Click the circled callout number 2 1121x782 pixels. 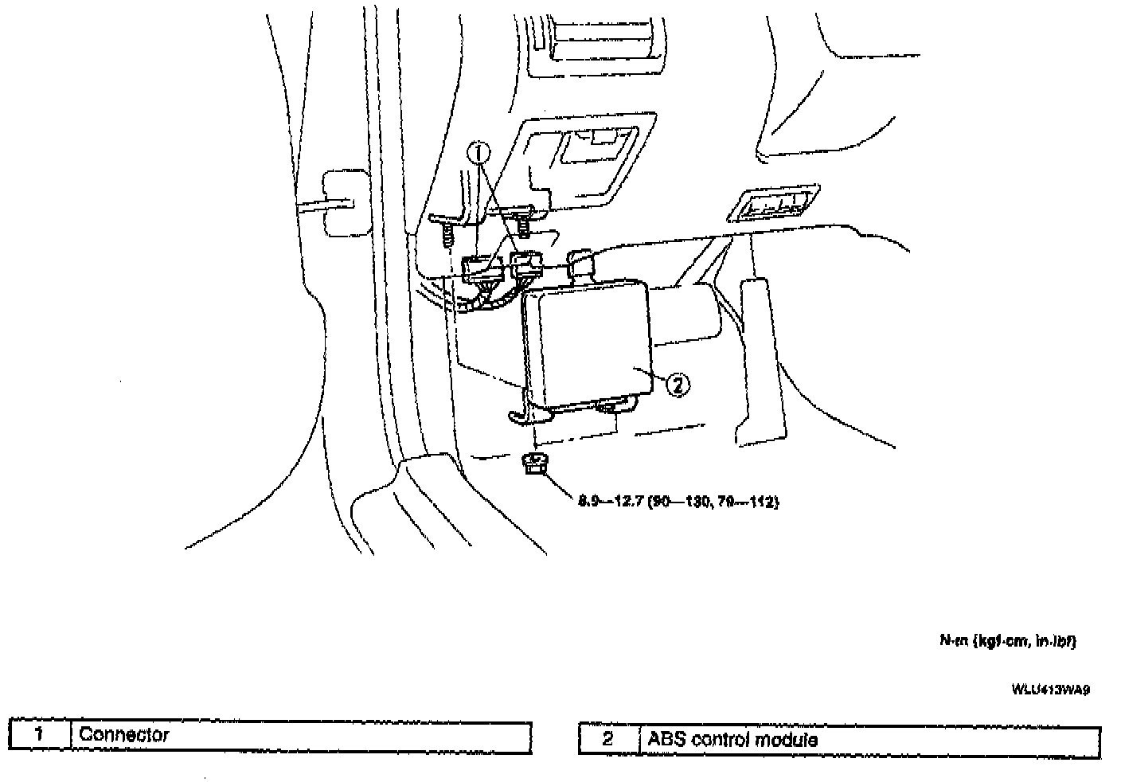(x=676, y=385)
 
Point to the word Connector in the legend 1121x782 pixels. (x=124, y=734)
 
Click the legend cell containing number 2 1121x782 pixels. (x=608, y=740)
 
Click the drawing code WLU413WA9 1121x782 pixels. (x=1050, y=690)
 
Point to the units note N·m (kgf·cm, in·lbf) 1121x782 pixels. (x=1006, y=641)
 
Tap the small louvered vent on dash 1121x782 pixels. (x=770, y=205)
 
